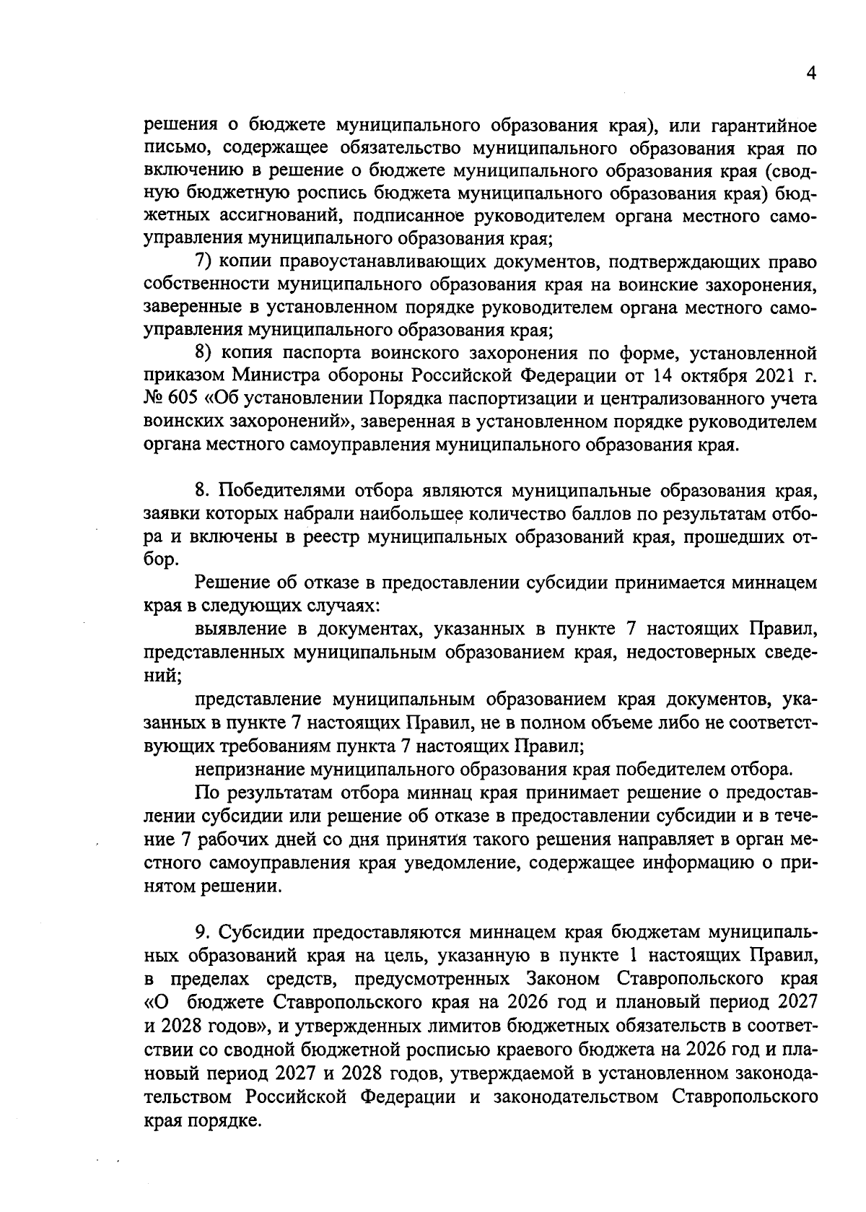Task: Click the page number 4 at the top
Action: [x=811, y=75]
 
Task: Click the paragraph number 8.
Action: [x=201, y=492]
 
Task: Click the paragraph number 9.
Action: [x=201, y=933]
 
